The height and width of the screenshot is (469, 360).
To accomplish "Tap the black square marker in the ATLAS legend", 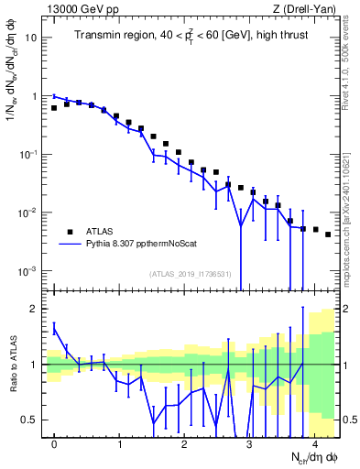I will [70, 231].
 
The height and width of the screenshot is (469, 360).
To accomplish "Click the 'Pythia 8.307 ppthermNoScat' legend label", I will [136, 245].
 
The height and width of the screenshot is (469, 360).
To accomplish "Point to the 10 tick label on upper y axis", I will [31, 38].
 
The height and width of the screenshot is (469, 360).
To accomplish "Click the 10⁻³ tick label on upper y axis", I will [29, 270].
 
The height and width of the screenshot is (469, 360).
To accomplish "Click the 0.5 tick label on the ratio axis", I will [29, 420].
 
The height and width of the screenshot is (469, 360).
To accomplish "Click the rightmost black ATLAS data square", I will [328, 234].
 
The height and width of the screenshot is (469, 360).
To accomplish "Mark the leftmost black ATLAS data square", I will [54, 107].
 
